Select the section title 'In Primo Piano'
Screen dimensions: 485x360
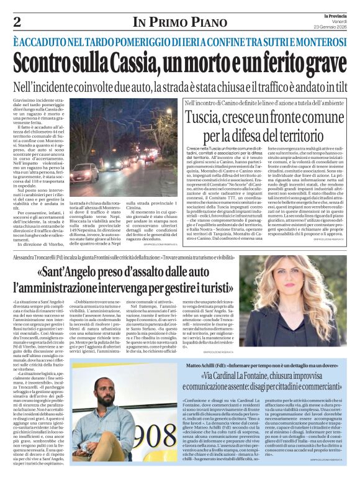tap(180, 23)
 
